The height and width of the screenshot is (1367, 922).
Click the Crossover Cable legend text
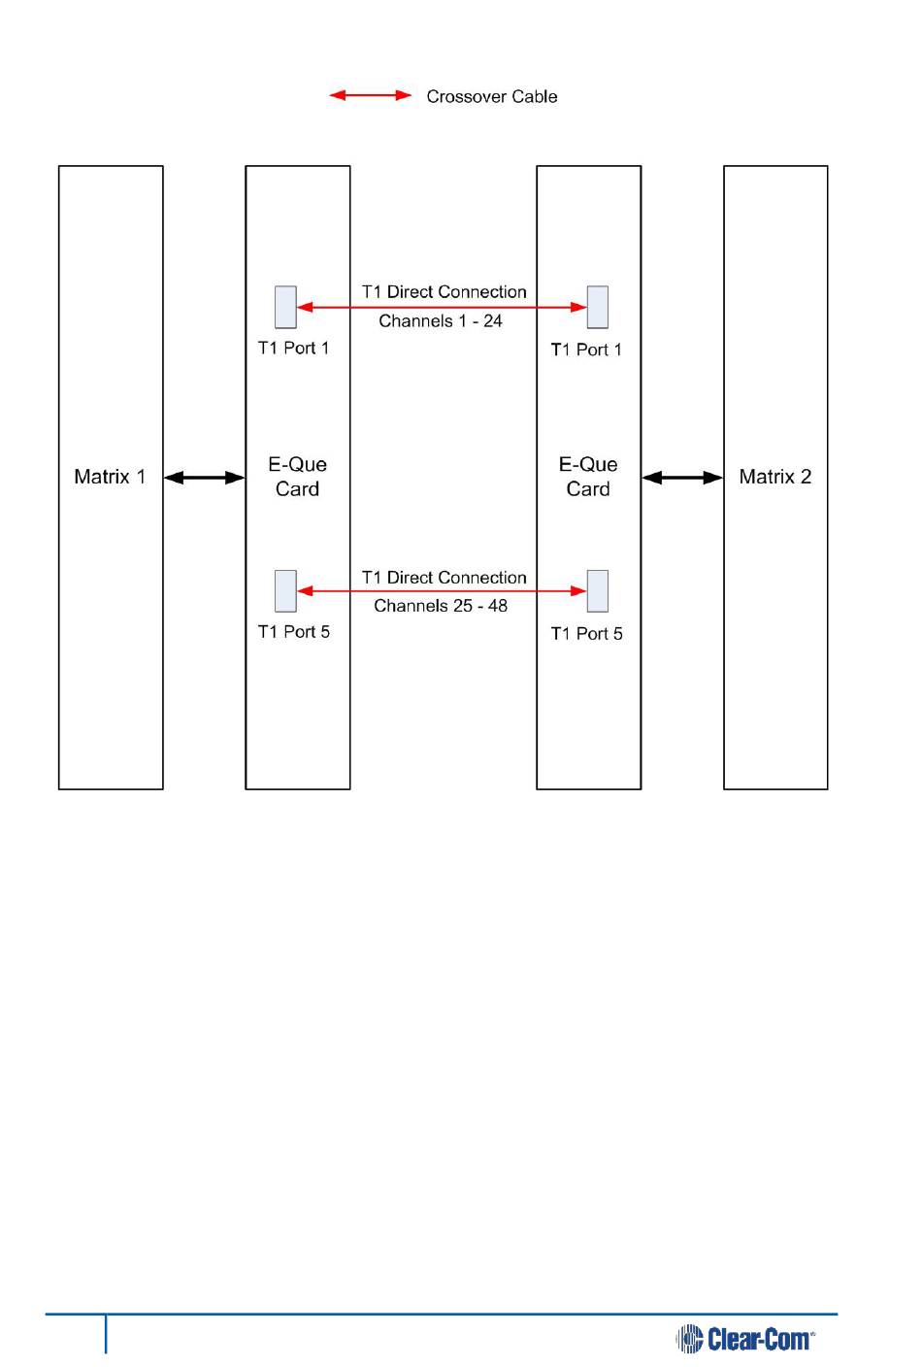pyautogui.click(x=491, y=96)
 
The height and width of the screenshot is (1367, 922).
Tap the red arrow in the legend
pyautogui.click(x=371, y=95)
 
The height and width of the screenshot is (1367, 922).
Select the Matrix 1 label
pyautogui.click(x=110, y=477)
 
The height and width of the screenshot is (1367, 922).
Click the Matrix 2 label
pyautogui.click(x=774, y=477)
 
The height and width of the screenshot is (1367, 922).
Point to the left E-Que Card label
pyautogui.click(x=297, y=477)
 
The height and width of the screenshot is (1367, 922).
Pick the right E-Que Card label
pyautogui.click(x=588, y=477)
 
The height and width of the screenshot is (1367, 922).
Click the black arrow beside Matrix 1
pyautogui.click(x=204, y=478)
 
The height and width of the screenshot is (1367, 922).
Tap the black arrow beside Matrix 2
pyautogui.click(x=682, y=478)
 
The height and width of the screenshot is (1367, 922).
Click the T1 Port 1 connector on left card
pyautogui.click(x=285, y=307)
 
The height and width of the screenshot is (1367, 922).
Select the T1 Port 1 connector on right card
pyautogui.click(x=598, y=308)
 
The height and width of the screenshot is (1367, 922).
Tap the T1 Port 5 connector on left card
pyautogui.click(x=285, y=591)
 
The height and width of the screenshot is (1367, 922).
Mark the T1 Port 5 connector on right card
pyautogui.click(x=598, y=591)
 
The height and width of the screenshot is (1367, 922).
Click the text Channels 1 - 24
pyautogui.click(x=441, y=321)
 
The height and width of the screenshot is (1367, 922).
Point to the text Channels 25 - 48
pyautogui.click(x=441, y=606)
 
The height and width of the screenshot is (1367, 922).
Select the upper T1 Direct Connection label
pyautogui.click(x=445, y=292)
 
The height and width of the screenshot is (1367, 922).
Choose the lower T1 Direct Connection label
pyautogui.click(x=445, y=578)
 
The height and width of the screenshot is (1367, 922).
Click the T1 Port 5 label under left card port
pyautogui.click(x=294, y=632)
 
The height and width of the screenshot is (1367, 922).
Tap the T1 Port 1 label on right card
pyautogui.click(x=586, y=350)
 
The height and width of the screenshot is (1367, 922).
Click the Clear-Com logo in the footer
pyautogui.click(x=745, y=1340)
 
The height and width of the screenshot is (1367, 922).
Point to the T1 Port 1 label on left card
pyautogui.click(x=294, y=348)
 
